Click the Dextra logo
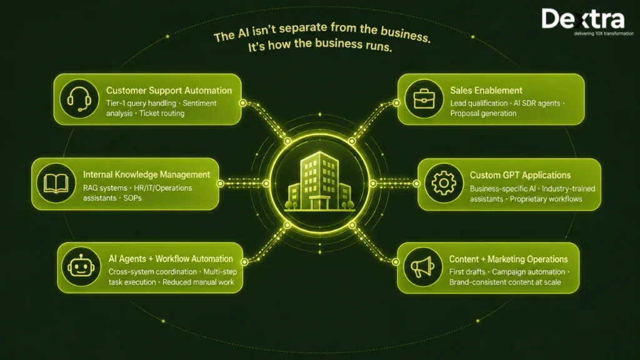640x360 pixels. pos(587,22)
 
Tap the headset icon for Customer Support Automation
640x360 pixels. pos(79,99)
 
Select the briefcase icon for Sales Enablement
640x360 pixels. pos(424,99)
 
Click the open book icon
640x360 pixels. pos(56,183)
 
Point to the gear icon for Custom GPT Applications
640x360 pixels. pos(444,183)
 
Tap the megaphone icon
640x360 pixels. pos(422,267)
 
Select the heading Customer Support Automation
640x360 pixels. pos(169,91)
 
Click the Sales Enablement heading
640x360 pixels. pos(486,91)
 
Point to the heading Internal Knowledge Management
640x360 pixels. pos(146,175)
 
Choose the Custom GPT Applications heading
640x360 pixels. pos(520,175)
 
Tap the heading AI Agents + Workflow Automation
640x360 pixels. pos(171,259)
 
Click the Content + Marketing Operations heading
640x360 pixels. pos(509,259)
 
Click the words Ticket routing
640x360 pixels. pos(162,114)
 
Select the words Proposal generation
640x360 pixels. pos(483,114)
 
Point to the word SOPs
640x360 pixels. pos(132,198)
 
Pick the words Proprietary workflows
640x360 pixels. pos(546,199)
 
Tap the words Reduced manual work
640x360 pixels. pos(198,282)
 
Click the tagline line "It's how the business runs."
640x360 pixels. pos(320,44)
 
